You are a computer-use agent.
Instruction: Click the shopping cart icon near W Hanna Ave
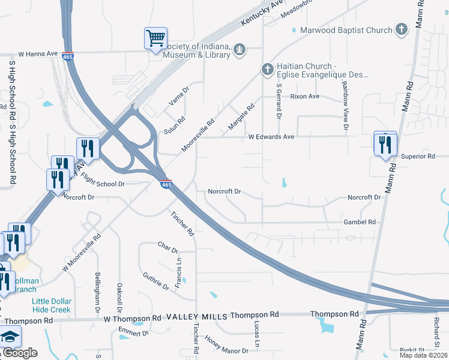[155, 39]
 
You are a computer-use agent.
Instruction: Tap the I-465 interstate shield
[167, 184]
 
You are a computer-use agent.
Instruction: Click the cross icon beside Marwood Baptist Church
[402, 29]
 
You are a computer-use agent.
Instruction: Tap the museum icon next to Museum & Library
[240, 49]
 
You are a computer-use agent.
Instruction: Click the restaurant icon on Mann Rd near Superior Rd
[385, 144]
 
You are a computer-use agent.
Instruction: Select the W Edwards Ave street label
[271, 137]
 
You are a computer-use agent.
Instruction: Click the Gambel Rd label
[360, 222]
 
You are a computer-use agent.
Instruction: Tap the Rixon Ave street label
[305, 97]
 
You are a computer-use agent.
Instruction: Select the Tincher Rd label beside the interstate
[182, 223]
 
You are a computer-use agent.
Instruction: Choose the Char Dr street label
[168, 247]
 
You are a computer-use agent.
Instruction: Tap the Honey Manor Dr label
[226, 346]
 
